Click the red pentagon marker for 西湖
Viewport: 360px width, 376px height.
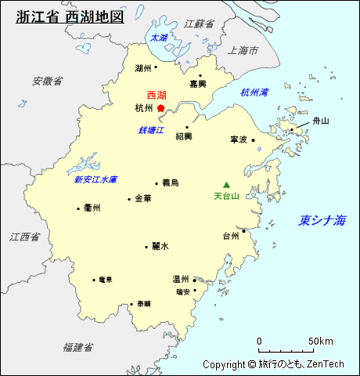[160, 108]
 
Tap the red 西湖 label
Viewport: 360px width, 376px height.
[156, 95]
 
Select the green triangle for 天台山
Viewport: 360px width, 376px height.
[227, 185]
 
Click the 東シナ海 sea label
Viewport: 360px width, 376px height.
[322, 221]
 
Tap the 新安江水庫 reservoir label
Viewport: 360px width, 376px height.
[95, 179]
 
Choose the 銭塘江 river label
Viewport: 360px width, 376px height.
[151, 129]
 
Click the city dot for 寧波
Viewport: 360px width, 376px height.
[252, 139]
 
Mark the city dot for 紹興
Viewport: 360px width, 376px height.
[186, 127]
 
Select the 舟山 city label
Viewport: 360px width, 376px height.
[321, 121]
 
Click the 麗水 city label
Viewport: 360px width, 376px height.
[160, 246]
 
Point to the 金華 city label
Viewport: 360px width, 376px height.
[143, 199]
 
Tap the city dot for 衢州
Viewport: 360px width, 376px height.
[78, 208]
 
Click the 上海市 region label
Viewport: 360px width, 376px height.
[243, 50]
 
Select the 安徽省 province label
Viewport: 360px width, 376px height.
[48, 81]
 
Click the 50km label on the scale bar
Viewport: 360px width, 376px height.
[321, 341]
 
